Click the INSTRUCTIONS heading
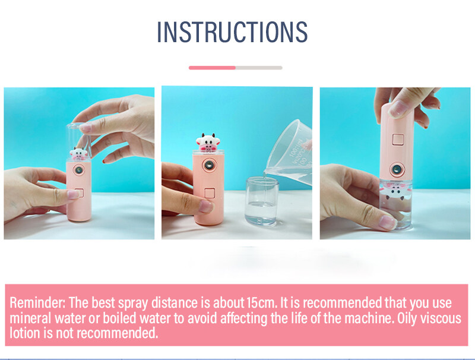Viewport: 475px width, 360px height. (232, 32)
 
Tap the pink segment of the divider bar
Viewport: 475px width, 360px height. (212, 68)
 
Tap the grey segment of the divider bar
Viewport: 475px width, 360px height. (259, 68)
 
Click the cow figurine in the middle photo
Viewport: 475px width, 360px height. (208, 142)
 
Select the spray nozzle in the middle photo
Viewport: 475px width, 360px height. (209, 165)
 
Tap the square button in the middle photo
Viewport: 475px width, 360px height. (210, 193)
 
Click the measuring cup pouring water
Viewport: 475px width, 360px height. (289, 151)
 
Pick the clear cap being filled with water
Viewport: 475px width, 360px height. (262, 201)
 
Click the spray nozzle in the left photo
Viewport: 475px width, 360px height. (79, 170)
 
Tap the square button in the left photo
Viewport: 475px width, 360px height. (79, 193)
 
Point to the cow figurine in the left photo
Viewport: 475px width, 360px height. (78, 154)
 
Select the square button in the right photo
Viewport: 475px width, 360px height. (398, 140)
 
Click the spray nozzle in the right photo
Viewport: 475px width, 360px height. (397, 169)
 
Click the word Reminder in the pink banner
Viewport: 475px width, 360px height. (37, 302)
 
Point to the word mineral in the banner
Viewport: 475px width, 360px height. (31, 318)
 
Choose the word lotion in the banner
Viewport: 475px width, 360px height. (25, 333)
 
